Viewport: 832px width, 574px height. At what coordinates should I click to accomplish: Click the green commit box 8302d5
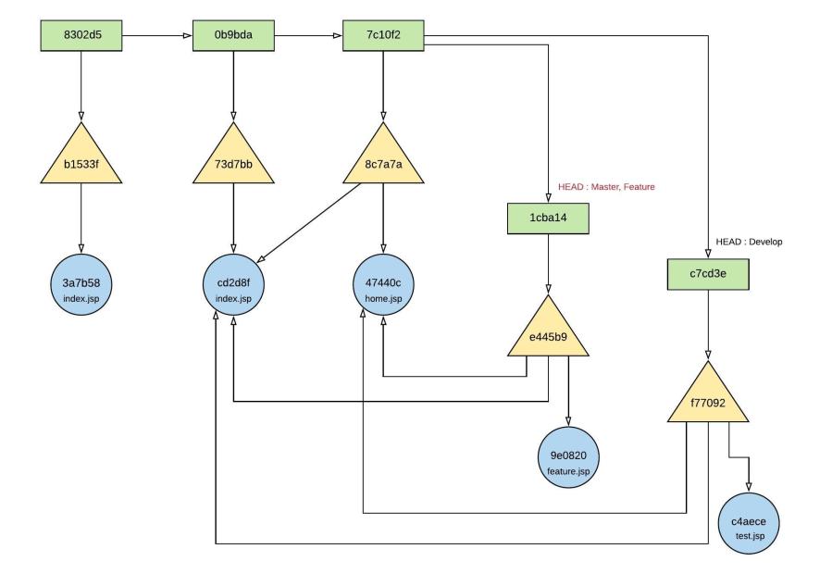[x=81, y=37]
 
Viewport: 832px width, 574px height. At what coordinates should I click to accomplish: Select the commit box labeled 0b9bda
[x=234, y=37]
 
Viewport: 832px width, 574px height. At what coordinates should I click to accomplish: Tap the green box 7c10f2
[x=382, y=37]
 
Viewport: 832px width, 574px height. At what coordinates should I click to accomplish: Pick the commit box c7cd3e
[x=709, y=273]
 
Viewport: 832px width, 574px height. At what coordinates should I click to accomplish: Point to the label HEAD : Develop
[x=749, y=243]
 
